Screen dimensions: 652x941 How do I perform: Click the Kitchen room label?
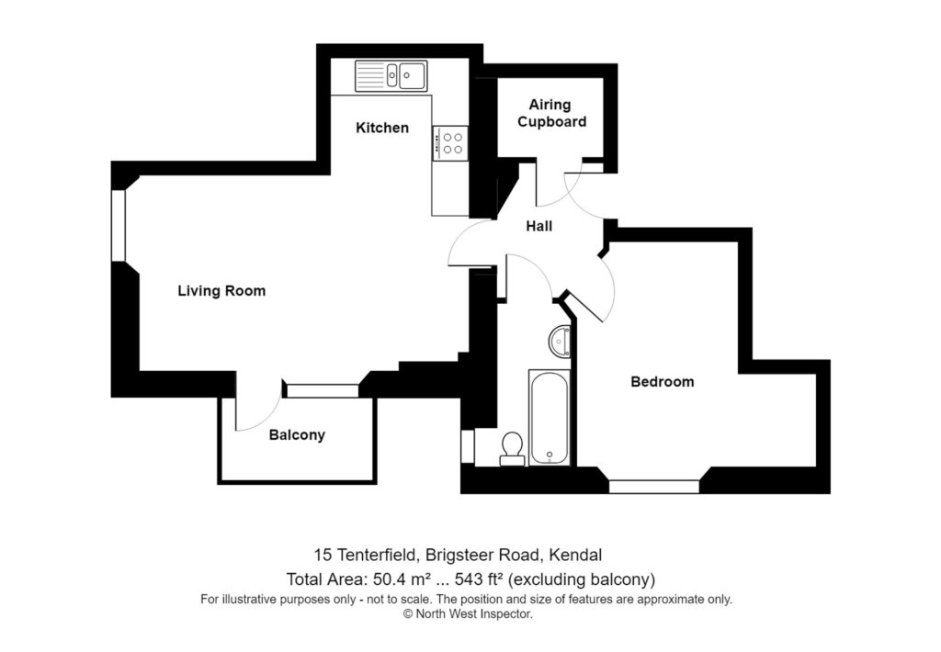[x=382, y=128]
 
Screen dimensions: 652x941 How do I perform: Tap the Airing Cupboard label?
[x=551, y=113]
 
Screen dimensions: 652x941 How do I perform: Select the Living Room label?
[x=221, y=291]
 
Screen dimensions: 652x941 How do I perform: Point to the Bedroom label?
[x=662, y=381]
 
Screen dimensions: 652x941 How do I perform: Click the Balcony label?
[x=297, y=435]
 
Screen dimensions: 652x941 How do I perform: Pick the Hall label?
[x=539, y=226]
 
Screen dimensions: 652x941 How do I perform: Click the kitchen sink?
[x=392, y=74]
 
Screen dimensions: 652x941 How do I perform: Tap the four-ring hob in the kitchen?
[x=450, y=141]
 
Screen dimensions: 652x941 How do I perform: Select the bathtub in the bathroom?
[x=550, y=417]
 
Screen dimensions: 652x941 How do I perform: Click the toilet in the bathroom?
[x=512, y=446]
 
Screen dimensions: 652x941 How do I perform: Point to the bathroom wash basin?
[x=560, y=342]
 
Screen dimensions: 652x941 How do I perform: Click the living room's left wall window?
[x=118, y=225]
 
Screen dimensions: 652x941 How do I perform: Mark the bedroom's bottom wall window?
[x=654, y=486]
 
